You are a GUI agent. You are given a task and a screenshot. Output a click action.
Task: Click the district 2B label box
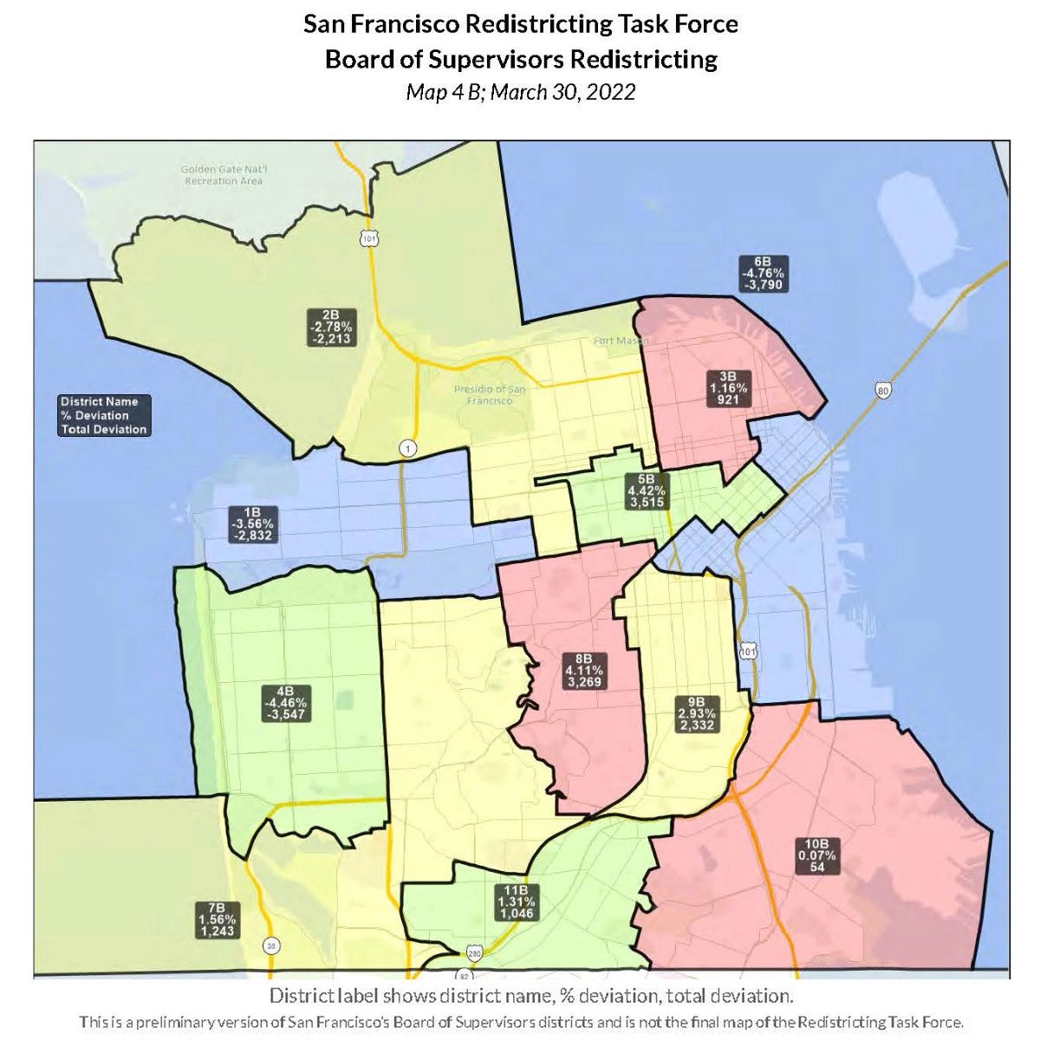coord(330,327)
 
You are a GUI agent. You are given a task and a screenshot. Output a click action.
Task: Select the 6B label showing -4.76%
coord(763,273)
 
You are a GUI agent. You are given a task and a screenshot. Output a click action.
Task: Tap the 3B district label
coord(728,388)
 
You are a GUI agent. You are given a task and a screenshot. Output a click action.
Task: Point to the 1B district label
coord(252,523)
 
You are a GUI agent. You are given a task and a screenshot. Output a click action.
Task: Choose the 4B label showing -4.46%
coord(286,703)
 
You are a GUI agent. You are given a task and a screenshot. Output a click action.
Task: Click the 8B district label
coord(584,670)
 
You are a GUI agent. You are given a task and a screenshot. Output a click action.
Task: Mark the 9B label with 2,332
coord(696,713)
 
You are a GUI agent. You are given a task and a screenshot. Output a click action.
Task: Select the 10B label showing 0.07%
coord(817,855)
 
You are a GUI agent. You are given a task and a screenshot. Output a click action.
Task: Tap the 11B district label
coord(517,902)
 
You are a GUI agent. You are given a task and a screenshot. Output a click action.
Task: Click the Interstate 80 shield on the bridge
coord(883,392)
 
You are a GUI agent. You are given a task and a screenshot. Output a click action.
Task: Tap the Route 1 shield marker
coord(406,448)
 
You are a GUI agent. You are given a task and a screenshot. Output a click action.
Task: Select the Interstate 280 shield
coord(472,953)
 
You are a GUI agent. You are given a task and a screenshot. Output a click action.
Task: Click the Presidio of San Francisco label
coord(490,395)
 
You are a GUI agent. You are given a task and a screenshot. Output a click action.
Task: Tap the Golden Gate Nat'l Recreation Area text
coord(223,175)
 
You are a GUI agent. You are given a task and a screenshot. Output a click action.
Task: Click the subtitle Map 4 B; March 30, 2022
coord(520,92)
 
